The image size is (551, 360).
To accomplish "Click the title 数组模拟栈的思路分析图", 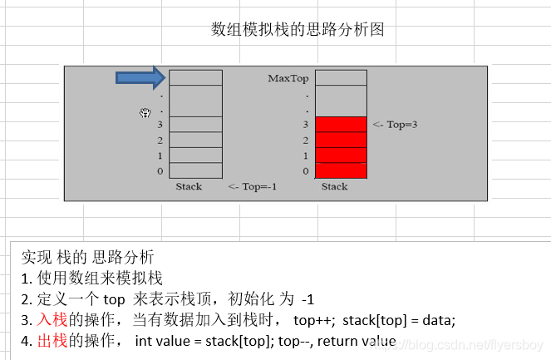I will pyautogui.click(x=298, y=30).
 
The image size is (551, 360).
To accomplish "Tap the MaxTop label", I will pyautogui.click(x=288, y=79).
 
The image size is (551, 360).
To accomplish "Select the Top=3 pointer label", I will pyautogui.click(x=395, y=125).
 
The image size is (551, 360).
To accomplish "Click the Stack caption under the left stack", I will pyautogui.click(x=189, y=186).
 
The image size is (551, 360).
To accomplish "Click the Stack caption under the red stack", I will pyautogui.click(x=334, y=186).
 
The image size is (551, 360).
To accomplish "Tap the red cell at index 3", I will pyautogui.click(x=341, y=125).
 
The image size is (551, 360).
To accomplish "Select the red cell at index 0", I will pyautogui.click(x=341, y=170).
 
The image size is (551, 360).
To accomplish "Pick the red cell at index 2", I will pyautogui.click(x=341, y=140).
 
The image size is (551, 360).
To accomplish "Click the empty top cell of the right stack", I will pyautogui.click(x=341, y=78).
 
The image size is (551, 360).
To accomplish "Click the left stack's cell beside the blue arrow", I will pyautogui.click(x=195, y=78).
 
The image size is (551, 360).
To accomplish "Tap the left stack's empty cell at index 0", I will pyautogui.click(x=195, y=170).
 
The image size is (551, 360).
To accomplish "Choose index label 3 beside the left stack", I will pyautogui.click(x=160, y=125).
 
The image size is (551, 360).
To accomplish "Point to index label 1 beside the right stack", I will pyautogui.click(x=305, y=156).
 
